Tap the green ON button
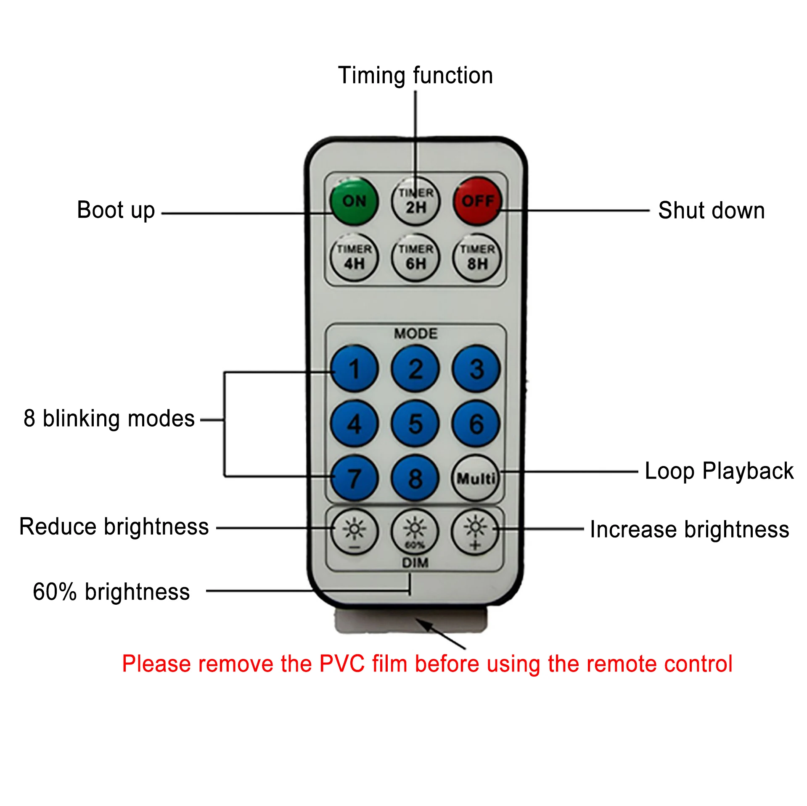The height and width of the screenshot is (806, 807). [354, 201]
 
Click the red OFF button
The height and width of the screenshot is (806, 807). [477, 201]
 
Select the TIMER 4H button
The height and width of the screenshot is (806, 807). [354, 257]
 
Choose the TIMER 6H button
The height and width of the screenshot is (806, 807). [415, 257]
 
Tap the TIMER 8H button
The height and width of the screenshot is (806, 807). [477, 257]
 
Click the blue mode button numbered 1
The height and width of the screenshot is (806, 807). [354, 369]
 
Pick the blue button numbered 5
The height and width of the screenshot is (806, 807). [415, 423]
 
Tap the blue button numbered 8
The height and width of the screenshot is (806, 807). [415, 478]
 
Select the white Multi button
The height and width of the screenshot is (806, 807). [476, 478]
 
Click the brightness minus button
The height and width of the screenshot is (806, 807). [354, 532]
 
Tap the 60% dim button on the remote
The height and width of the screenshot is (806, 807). [415, 532]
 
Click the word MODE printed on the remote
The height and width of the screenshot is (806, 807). [415, 333]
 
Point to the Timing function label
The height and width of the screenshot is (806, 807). [415, 76]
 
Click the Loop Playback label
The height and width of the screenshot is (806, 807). [719, 471]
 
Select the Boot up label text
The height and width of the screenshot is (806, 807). [116, 210]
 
